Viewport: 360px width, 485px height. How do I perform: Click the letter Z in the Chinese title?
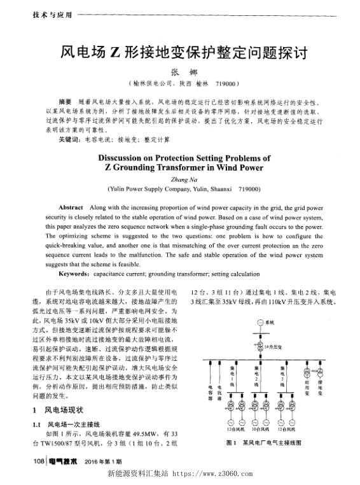click(116, 50)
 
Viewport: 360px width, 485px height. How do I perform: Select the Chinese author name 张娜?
click(181, 72)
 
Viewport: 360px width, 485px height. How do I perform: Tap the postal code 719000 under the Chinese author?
click(227, 83)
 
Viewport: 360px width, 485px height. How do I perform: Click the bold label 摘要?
click(64, 101)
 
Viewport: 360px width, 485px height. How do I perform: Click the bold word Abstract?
click(70, 208)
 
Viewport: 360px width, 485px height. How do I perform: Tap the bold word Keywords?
click(75, 273)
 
